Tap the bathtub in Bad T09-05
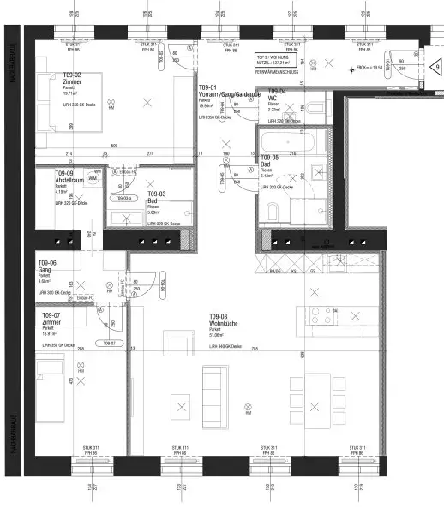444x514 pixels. [292, 140]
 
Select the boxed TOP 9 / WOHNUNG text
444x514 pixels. [273, 61]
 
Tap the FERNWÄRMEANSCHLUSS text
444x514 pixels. [275, 75]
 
